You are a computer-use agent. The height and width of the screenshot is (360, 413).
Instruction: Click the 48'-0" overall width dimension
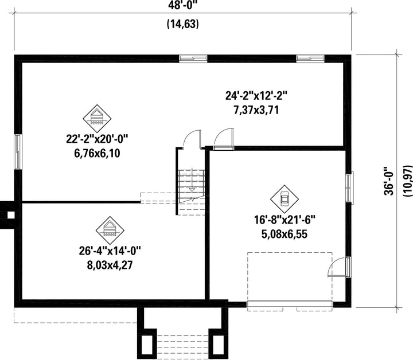coord(183,5)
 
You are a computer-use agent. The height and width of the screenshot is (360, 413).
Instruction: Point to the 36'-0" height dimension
coord(389,181)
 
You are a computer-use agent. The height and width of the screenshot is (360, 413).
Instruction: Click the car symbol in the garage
coord(285,199)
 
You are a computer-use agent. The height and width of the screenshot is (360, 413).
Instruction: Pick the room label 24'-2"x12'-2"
coord(256,95)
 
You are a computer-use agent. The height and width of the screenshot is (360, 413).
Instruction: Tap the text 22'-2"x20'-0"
coord(97,139)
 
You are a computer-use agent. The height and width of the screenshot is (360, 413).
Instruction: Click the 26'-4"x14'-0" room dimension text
coord(110,251)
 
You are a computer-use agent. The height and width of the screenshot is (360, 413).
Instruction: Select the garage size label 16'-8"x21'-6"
coord(285,220)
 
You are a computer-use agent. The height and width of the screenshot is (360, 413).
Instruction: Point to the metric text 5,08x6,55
coord(285,234)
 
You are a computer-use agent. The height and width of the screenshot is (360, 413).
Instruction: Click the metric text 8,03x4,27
coord(110,265)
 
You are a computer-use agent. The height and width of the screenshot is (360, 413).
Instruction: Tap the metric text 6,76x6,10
coord(97,153)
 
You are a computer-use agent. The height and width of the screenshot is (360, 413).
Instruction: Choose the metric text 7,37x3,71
coord(256,109)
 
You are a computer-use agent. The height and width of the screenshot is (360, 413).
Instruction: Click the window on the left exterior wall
coord(18,151)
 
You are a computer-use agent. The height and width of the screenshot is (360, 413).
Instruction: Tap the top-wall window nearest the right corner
coord(310,58)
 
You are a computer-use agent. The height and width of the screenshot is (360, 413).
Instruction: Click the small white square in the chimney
coord(11,216)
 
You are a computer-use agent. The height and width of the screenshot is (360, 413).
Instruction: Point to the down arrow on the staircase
coord(192,189)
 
